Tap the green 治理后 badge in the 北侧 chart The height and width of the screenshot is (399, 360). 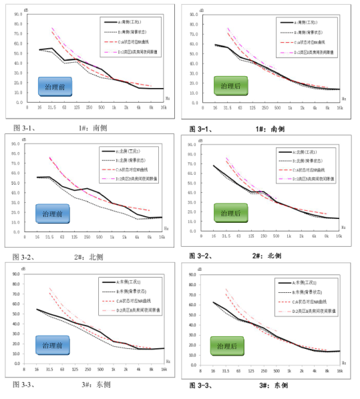(230, 213)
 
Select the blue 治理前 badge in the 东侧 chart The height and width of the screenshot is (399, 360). (52, 346)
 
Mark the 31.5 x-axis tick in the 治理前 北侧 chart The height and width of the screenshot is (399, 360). (49, 238)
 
